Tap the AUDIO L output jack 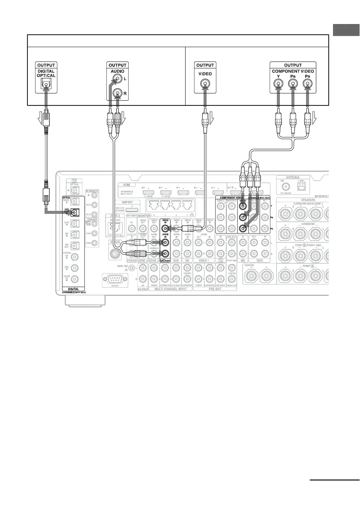(x=116, y=79)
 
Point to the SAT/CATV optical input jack (x=75, y=212)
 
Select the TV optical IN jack (x=75, y=190)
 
